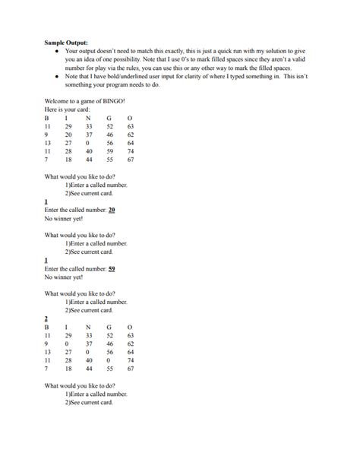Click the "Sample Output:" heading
[66, 43]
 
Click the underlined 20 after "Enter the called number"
[112, 209]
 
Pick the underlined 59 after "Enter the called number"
[112, 269]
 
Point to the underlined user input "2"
[46, 319]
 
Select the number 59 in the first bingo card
[110, 151]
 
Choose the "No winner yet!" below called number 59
[63, 277]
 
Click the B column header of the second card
[46, 327]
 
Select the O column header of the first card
[130, 118]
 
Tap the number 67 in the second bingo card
[131, 369]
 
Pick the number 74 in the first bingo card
[131, 151]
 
